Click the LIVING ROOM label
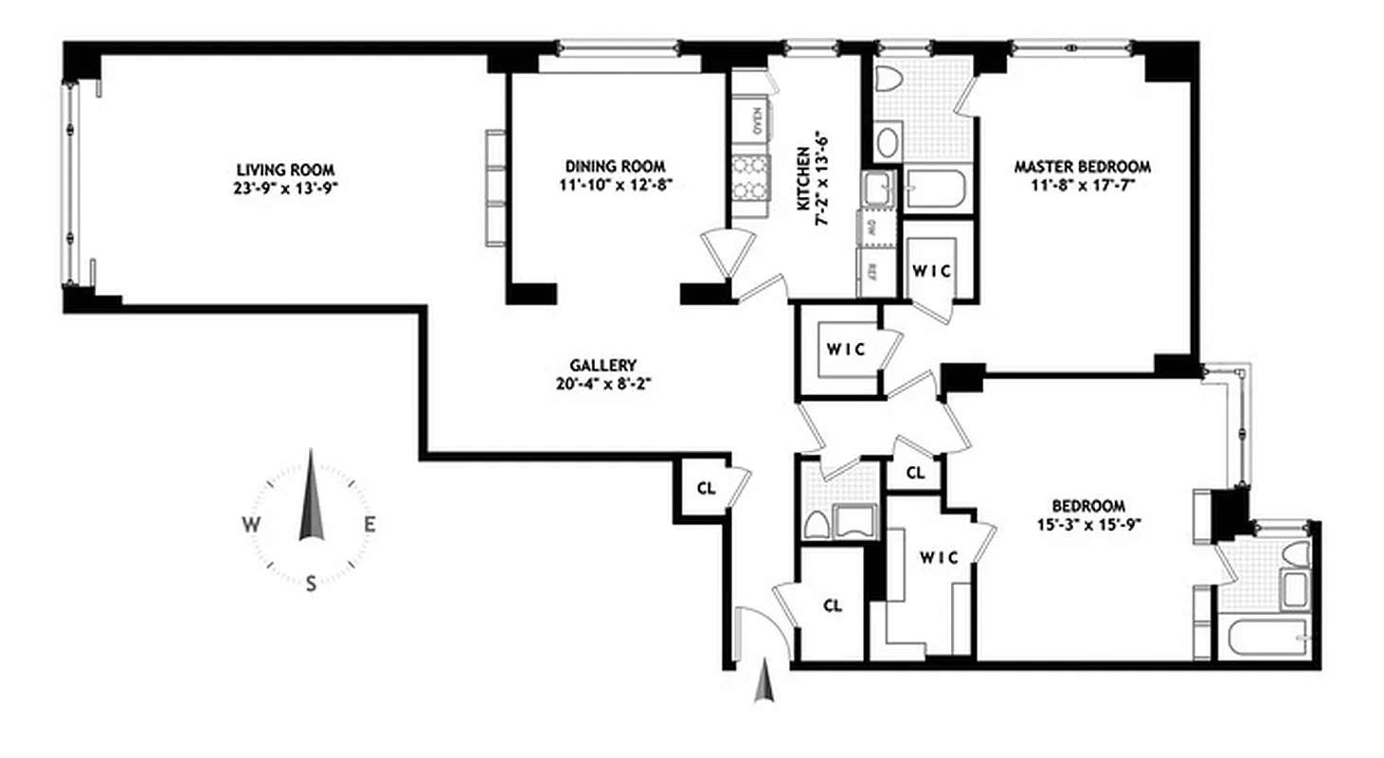287,169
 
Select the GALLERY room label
602,365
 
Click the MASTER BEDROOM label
1082,167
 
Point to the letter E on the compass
371,525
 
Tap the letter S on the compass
311,585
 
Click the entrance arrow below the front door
764,685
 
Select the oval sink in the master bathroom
890,143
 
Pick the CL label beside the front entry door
833,605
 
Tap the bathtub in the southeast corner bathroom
1267,639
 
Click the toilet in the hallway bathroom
815,523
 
